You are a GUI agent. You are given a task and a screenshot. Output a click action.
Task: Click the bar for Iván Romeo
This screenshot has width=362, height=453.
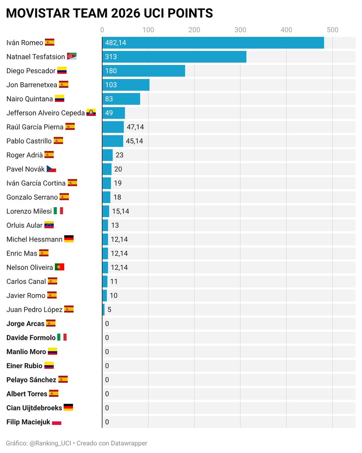pyautogui.click(x=213, y=43)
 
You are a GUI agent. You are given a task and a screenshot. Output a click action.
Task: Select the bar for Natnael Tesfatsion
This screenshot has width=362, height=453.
pyautogui.click(x=174, y=57)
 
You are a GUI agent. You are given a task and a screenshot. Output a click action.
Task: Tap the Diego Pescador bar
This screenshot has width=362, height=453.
pyautogui.click(x=144, y=71)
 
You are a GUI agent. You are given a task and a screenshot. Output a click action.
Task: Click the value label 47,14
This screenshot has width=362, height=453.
pyautogui.click(x=135, y=127)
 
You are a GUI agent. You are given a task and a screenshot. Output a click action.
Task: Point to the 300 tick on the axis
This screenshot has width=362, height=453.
pyautogui.click(x=240, y=30)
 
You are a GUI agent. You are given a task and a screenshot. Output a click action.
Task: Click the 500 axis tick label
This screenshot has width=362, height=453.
pyautogui.click(x=332, y=30)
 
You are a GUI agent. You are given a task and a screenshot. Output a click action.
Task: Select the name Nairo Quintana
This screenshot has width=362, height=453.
pyautogui.click(x=30, y=99)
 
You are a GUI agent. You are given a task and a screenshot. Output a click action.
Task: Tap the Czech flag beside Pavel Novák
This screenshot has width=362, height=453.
pyautogui.click(x=51, y=169)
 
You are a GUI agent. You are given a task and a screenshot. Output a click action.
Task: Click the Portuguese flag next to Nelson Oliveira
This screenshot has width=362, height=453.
pyautogui.click(x=60, y=267)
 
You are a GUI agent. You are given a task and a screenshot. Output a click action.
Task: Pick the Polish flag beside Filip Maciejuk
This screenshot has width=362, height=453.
pyautogui.click(x=57, y=422)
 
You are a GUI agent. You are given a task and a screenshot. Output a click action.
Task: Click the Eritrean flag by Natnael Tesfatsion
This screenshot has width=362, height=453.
pyautogui.click(x=72, y=57)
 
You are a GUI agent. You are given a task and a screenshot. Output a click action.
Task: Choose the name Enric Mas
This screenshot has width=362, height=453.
pyautogui.click(x=22, y=253)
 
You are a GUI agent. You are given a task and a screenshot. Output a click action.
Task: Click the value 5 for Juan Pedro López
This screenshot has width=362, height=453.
pyautogui.click(x=109, y=310)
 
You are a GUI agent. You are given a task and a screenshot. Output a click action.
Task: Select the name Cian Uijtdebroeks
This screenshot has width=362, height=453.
pyautogui.click(x=34, y=408)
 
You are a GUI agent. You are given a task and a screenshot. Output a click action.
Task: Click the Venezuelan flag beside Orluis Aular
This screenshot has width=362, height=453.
pyautogui.click(x=49, y=225)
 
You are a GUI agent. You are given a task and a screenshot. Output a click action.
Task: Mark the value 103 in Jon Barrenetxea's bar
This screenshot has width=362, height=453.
pyautogui.click(x=111, y=85)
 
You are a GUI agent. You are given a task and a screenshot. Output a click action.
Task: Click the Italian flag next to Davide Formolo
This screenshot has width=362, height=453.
pyautogui.click(x=62, y=337)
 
